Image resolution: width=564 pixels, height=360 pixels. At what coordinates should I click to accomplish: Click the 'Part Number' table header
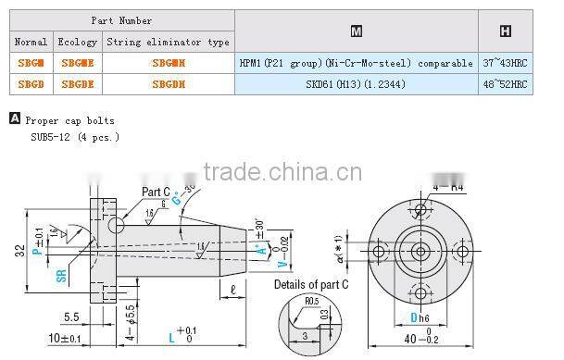click(x=121, y=20)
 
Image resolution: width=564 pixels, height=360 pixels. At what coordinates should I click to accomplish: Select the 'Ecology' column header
click(x=78, y=43)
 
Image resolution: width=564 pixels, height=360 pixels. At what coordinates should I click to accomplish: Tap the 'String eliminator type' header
click(x=167, y=43)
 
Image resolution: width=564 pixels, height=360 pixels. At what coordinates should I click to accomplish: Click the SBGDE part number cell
click(x=78, y=84)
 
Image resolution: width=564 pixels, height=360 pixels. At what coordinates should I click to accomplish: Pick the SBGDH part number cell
click(x=167, y=84)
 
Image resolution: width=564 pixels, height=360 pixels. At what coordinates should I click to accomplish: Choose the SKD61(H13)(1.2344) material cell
click(x=357, y=84)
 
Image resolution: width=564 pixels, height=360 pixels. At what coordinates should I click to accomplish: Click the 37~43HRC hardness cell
click(x=505, y=63)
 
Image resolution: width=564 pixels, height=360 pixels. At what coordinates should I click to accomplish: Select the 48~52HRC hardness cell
click(x=505, y=84)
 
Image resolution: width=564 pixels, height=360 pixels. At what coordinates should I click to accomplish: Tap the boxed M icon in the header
click(x=357, y=31)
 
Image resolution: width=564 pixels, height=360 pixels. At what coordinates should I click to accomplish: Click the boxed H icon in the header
click(x=505, y=31)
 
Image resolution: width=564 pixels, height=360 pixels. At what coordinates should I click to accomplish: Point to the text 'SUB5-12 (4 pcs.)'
click(x=75, y=137)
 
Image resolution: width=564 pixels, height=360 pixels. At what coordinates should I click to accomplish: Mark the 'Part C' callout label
click(x=155, y=192)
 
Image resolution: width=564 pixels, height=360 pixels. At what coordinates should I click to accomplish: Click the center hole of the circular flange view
click(x=420, y=250)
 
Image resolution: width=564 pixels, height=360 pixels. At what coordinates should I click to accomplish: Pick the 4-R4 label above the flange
click(x=449, y=187)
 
